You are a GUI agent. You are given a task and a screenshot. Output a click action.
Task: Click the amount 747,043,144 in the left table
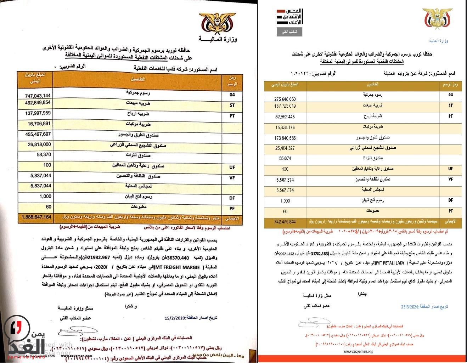[x=38, y=96]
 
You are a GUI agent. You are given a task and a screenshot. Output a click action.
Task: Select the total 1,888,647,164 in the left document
[x=36, y=216]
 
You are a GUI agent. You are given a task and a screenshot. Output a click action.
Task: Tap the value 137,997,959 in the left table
[x=38, y=113]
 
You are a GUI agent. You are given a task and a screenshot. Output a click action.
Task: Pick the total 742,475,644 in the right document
[x=285, y=222]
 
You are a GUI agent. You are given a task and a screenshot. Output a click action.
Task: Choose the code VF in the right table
[x=450, y=180]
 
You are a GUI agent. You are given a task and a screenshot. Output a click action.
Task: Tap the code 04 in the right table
[x=450, y=95]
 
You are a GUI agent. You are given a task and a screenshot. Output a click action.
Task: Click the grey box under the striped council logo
[x=289, y=32]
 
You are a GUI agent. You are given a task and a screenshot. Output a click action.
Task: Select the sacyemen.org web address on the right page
[x=358, y=352]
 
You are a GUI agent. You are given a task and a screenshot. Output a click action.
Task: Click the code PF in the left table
[x=232, y=207]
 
